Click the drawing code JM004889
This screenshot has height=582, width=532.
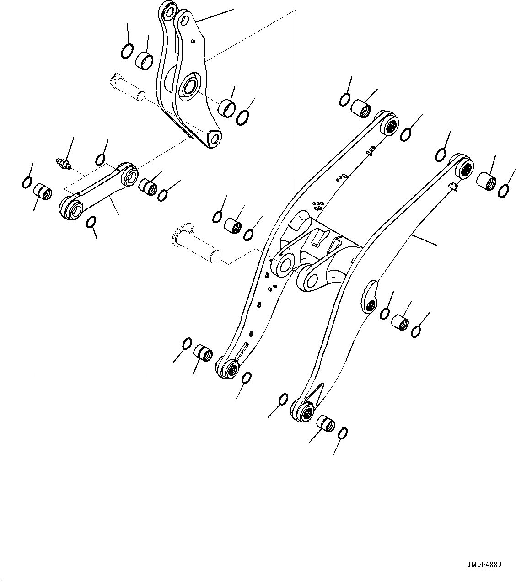tap(484, 565)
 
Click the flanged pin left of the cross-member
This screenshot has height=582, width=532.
tap(196, 243)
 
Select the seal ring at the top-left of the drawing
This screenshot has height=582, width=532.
tap(128, 51)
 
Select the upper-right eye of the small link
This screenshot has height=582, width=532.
tap(130, 175)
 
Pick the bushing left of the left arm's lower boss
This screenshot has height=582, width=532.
tap(204, 352)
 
